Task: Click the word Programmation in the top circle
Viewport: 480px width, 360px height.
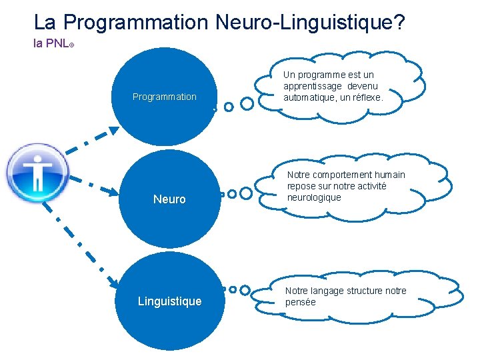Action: (x=165, y=97)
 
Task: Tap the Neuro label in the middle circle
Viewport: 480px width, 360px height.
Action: (x=169, y=199)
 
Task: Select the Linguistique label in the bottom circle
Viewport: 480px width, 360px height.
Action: (x=169, y=301)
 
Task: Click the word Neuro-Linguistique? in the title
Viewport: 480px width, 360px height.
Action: (x=310, y=23)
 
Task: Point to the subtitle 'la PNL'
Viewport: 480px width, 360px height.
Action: (x=51, y=43)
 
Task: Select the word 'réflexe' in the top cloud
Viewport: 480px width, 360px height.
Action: (x=366, y=97)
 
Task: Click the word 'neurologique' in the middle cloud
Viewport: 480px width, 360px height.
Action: (x=314, y=197)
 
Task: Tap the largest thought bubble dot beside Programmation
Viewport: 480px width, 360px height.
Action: (x=247, y=103)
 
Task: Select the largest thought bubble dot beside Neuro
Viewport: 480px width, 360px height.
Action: (x=246, y=193)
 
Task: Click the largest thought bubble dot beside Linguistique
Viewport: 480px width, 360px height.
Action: (x=246, y=291)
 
